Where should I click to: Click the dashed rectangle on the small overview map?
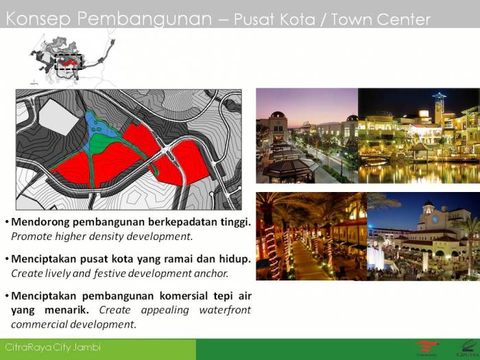tap(69, 62)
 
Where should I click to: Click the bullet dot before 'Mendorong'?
tap(7, 223)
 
